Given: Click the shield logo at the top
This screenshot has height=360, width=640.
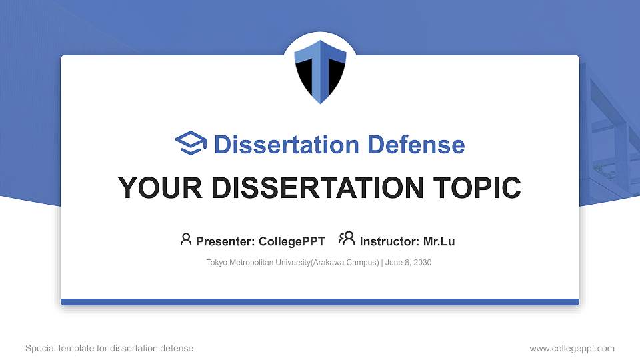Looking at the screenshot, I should [320, 71].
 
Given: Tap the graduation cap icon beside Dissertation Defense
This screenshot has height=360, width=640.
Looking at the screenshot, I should [191, 144].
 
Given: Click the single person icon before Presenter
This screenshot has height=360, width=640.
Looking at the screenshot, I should [186, 239].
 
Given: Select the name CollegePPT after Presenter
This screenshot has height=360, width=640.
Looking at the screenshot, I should [291, 241].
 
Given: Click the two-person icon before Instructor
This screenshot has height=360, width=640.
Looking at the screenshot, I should [347, 239].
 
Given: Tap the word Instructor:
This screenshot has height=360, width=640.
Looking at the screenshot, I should [389, 241].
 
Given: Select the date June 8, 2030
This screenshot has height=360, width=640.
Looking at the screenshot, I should [408, 263].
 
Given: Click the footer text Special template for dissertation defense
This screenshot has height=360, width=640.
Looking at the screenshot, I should [109, 349].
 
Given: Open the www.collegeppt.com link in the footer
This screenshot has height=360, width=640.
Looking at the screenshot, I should [572, 349].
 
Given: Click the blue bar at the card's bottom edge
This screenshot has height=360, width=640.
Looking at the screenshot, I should [320, 302].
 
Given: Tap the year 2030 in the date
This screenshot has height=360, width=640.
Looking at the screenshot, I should [422, 263].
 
